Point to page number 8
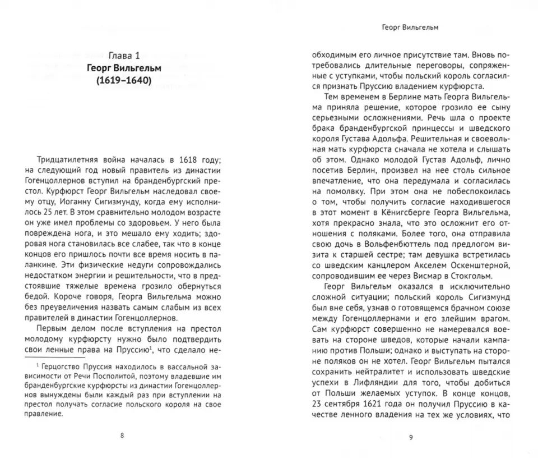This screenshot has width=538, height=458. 122,435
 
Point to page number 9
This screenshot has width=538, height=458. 410,438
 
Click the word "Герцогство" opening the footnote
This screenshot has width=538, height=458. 63,366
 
